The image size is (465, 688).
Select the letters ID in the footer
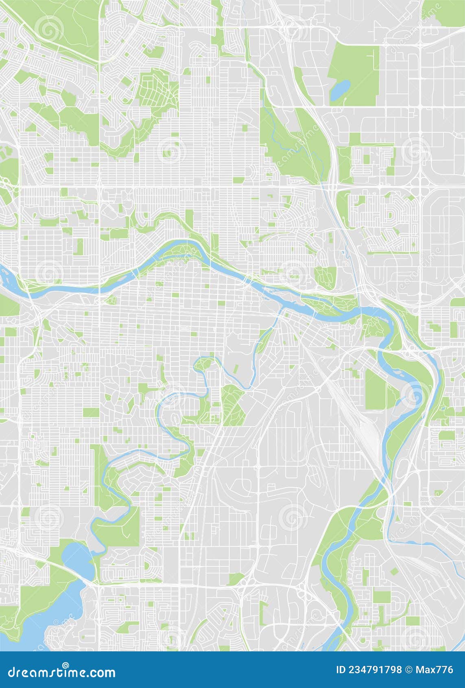[x=341, y=670]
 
